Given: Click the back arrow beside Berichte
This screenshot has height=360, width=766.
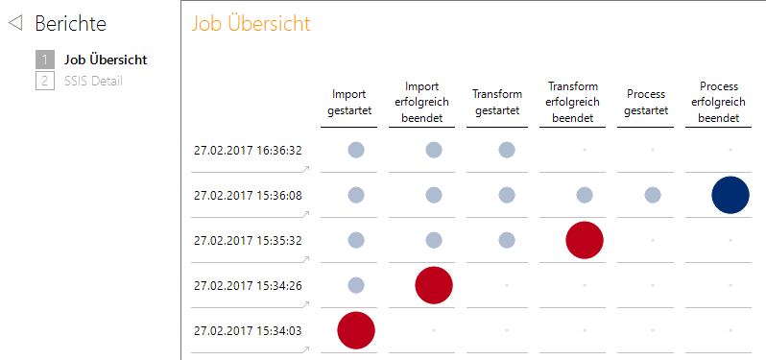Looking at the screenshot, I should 15,24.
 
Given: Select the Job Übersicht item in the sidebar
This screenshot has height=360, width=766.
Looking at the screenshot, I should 105,60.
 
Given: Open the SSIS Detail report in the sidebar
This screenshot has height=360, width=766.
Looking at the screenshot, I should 93,81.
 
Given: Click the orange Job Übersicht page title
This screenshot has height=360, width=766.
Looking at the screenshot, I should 251,24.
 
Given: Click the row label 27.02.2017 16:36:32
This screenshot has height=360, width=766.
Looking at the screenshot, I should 248,150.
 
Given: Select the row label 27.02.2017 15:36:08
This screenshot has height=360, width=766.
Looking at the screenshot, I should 248,195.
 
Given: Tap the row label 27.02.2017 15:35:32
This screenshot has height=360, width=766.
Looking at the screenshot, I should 248,240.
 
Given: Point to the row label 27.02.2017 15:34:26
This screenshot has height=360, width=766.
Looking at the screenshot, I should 248,285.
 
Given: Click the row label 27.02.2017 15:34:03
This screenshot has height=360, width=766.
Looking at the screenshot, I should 248,330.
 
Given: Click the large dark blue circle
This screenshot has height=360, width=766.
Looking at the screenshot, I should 730,195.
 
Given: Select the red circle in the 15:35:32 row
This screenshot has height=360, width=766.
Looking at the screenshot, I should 584,240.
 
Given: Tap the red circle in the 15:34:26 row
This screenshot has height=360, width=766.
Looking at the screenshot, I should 433,285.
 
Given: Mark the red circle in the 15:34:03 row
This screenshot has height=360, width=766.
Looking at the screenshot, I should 355,330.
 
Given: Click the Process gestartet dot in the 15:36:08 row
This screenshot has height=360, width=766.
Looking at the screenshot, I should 652,195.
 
